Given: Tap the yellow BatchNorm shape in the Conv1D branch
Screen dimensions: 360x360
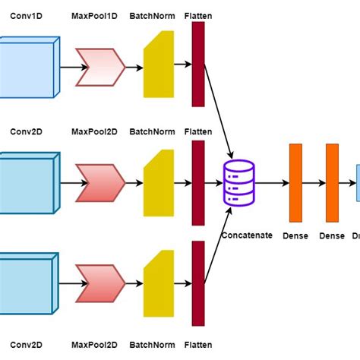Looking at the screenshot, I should coord(157,67).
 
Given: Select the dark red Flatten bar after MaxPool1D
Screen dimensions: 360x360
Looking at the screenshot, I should coord(198,64).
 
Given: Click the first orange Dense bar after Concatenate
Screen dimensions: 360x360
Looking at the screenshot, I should coord(295,183).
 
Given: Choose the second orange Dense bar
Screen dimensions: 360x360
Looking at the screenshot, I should coord(332,183).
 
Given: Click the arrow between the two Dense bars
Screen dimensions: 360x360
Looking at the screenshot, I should coord(314,184).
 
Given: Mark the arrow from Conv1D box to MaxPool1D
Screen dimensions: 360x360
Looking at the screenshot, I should coord(68,67).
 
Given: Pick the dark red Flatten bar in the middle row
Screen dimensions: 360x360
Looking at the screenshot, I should coord(198,182).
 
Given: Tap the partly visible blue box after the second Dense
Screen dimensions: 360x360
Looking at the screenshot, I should coord(356,184).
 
